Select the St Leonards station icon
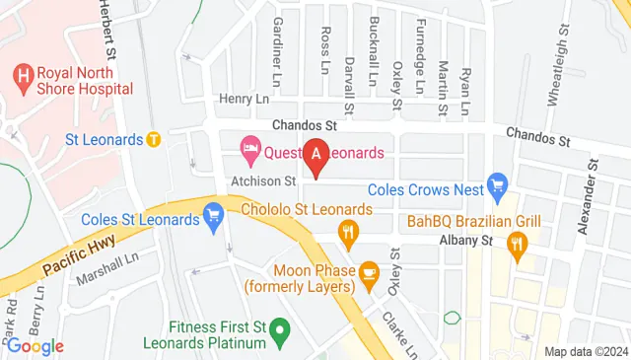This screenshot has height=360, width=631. (x=153, y=139)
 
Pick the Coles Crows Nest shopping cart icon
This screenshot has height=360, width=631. (x=497, y=184)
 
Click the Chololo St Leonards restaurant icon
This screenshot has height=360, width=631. (x=347, y=233)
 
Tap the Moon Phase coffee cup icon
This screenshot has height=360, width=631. (x=368, y=271)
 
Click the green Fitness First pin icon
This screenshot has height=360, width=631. (x=280, y=331)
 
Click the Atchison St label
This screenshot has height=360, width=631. (x=264, y=181)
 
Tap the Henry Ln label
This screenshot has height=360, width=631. (x=243, y=100)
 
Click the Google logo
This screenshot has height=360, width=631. (x=35, y=345)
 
